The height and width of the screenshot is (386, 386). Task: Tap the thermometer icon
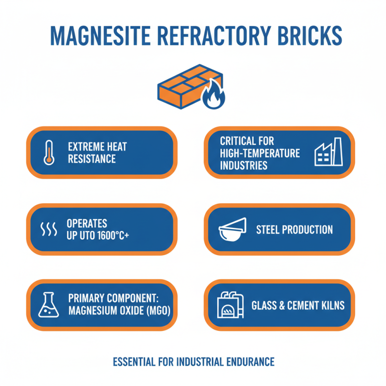tap(49, 152)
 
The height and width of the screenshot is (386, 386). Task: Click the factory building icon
tap(328, 152)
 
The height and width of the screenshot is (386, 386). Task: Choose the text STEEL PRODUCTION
tap(294, 229)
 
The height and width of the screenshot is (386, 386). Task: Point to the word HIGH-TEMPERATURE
tap(260, 153)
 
